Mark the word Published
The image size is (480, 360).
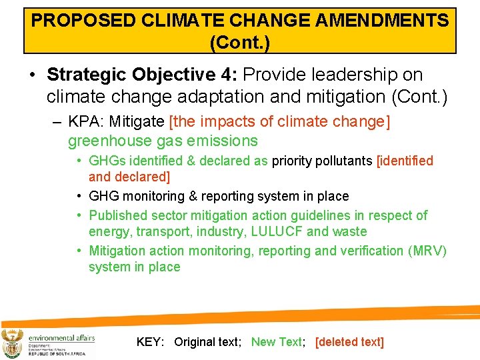tap(118, 215)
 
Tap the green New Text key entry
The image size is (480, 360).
tap(276, 342)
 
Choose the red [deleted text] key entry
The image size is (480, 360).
tap(349, 342)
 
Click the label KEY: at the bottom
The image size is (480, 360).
tap(150, 342)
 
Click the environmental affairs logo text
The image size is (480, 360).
tap(61, 337)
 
